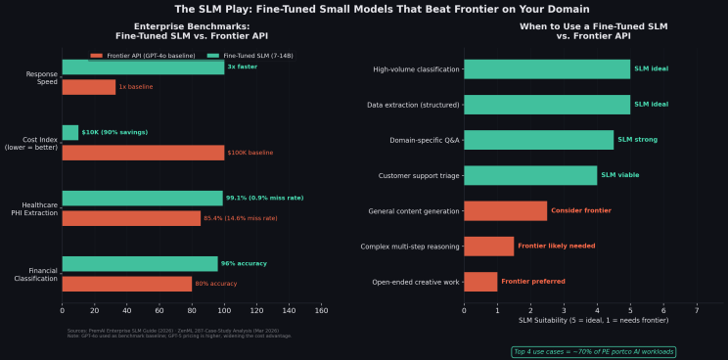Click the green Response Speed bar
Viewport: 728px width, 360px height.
(x=143, y=67)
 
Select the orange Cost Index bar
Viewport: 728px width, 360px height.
(x=143, y=153)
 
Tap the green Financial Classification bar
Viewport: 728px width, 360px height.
(x=140, y=264)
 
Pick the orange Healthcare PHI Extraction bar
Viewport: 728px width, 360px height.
(x=131, y=218)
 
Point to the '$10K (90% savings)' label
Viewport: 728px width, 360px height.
(x=114, y=132)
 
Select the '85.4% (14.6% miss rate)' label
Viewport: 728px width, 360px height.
(x=240, y=218)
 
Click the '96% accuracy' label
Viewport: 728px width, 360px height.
(x=244, y=264)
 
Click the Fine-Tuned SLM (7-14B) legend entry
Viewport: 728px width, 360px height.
(x=257, y=56)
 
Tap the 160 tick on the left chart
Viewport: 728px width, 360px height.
(x=321, y=310)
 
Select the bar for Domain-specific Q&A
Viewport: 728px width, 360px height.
(x=538, y=140)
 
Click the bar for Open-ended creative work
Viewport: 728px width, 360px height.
(x=480, y=282)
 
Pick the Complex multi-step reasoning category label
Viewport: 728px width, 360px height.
(x=409, y=247)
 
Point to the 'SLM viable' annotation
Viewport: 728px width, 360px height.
(x=619, y=175)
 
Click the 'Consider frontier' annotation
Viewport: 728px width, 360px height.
(x=580, y=210)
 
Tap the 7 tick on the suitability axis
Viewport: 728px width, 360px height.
(x=697, y=310)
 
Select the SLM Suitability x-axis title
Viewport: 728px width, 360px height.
(x=579, y=321)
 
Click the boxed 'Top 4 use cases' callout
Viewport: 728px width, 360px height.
(x=593, y=351)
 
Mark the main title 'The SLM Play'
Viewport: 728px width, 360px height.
(x=364, y=9)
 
